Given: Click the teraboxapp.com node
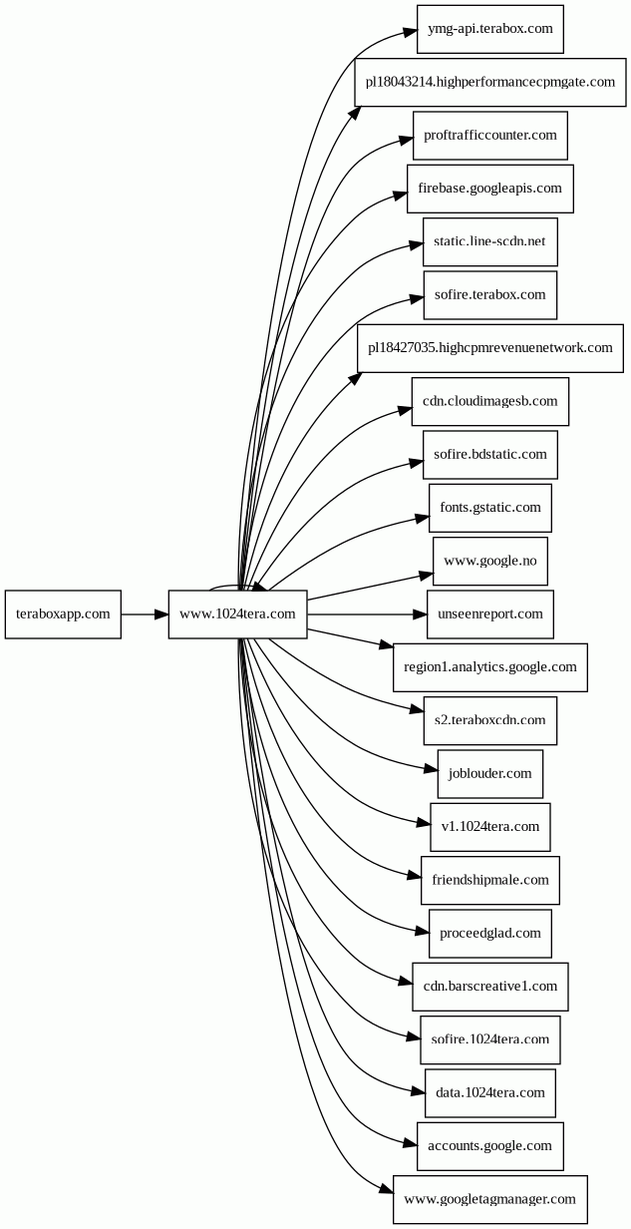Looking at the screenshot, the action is click(x=63, y=614).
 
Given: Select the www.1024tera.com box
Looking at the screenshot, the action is click(x=237, y=614).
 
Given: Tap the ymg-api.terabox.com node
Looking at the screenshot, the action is click(x=490, y=29).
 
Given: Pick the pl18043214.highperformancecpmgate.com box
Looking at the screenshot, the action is click(x=490, y=82).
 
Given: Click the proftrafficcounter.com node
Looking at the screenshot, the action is click(x=490, y=136).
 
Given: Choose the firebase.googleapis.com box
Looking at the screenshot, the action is click(x=490, y=189).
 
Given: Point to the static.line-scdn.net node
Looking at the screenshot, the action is click(x=490, y=242).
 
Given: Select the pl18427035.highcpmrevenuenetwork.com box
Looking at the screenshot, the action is click(x=490, y=348).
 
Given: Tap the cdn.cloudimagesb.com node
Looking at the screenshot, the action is click(x=490, y=402).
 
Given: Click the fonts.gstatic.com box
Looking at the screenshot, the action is click(x=490, y=508).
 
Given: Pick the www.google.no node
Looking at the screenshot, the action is click(x=490, y=561).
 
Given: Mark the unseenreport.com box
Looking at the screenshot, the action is click(x=490, y=614).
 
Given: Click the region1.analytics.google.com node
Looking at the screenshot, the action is click(x=490, y=667).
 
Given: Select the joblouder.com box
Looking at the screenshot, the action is click(x=490, y=774).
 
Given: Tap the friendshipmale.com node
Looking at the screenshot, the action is click(x=490, y=880).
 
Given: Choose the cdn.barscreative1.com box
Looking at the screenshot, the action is click(x=490, y=987).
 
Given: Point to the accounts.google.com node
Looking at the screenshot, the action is click(x=490, y=1146).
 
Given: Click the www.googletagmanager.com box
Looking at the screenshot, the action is click(x=490, y=1199).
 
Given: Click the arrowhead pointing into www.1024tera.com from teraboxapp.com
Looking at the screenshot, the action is click(x=161, y=614).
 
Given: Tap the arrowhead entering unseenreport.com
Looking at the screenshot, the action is click(x=420, y=614).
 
